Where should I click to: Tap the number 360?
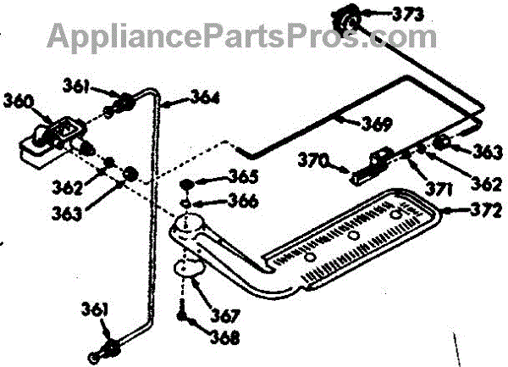pos(20,101)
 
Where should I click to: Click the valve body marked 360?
pos(47,140)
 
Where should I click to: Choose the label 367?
pos(224,316)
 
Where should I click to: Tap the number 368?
pos(224,336)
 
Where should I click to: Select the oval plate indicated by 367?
pos(189,270)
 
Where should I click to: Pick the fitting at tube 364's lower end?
pos(108,348)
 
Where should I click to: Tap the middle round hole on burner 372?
pos(356,232)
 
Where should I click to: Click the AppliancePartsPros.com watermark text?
pos(242,36)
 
